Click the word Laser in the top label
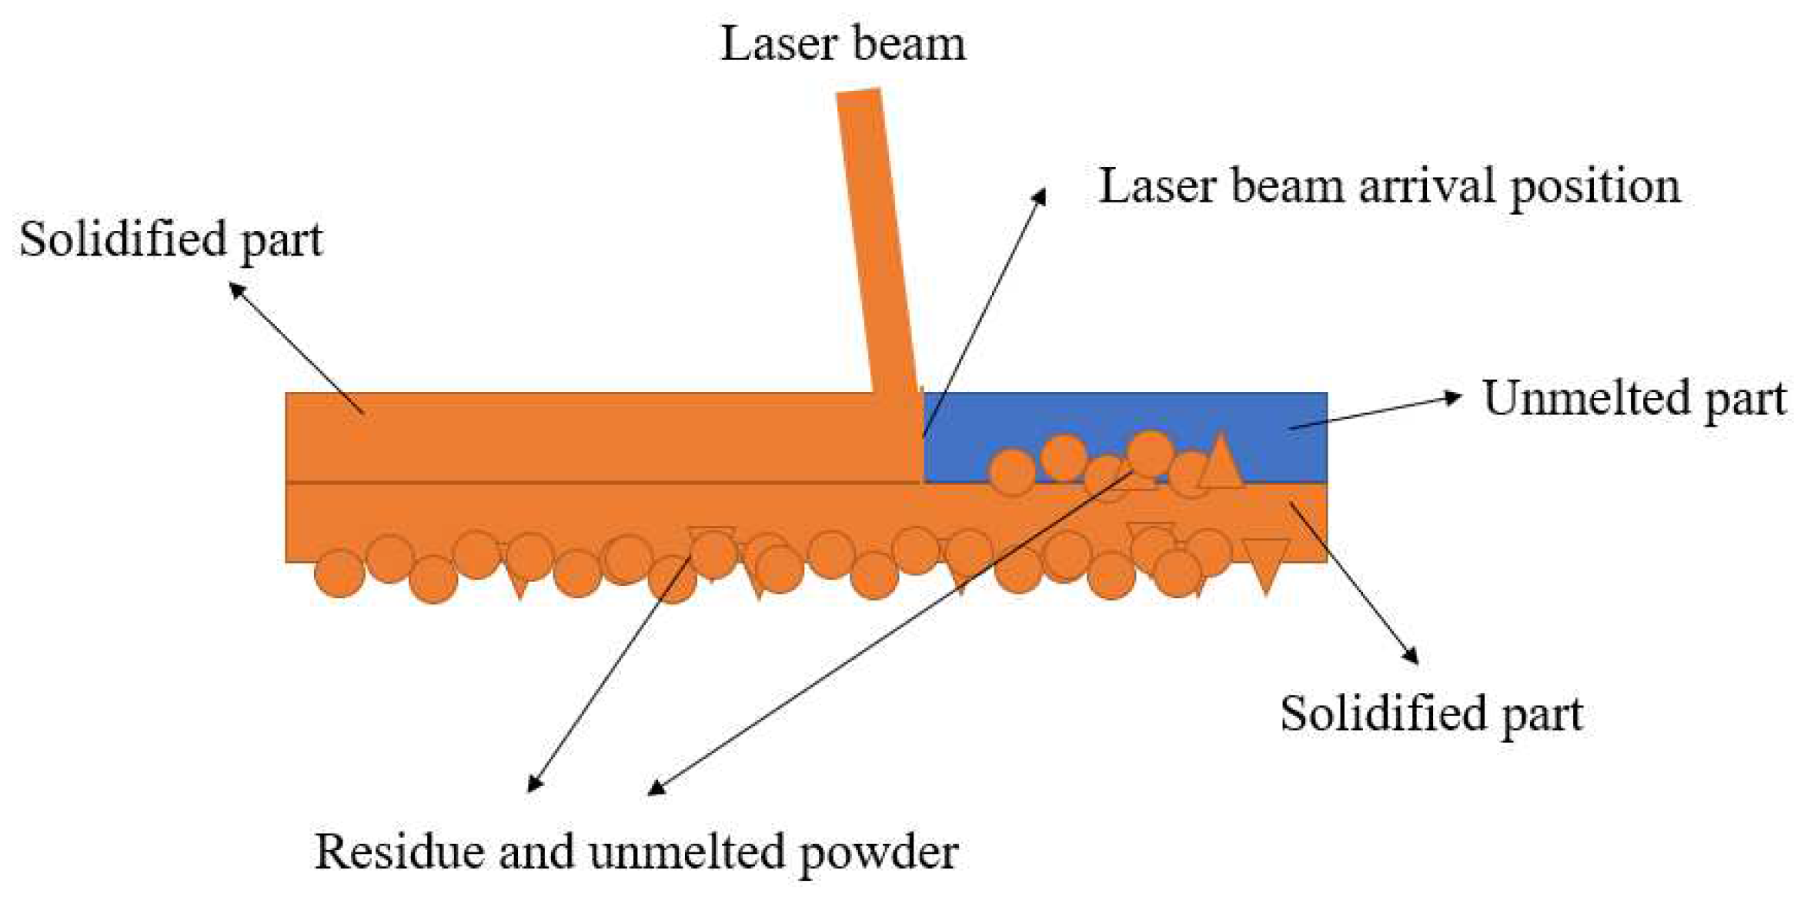click(777, 43)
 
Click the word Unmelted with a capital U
click(1585, 398)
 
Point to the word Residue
click(400, 852)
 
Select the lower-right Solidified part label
click(1431, 714)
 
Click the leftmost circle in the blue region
click(1011, 471)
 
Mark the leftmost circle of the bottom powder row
click(339, 573)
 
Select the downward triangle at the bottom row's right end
click(1265, 562)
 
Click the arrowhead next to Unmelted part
click(1452, 397)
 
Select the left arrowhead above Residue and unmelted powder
click(534, 784)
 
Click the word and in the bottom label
click(536, 852)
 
